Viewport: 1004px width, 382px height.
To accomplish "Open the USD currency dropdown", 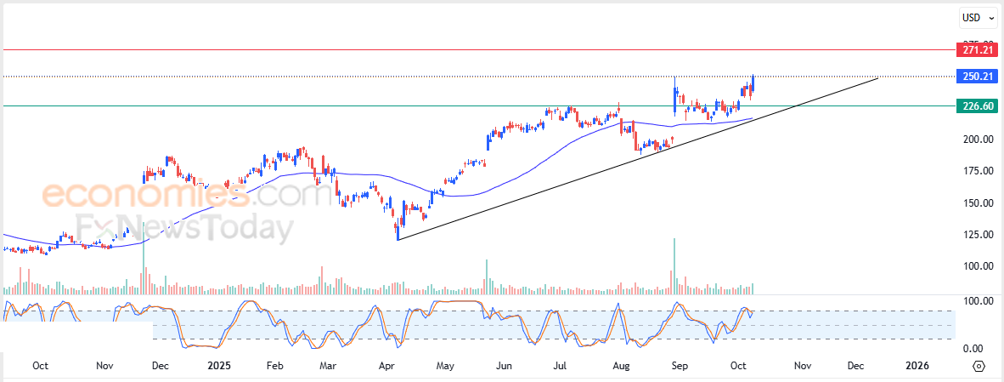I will click(976, 17).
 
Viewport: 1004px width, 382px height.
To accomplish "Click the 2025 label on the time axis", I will click(218, 366).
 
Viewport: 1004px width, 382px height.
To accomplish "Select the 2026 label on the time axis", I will click(917, 366).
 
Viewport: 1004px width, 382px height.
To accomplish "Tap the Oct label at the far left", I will click(40, 366).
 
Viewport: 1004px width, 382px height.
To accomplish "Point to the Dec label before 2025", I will click(160, 366).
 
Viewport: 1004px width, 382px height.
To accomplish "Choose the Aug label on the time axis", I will click(621, 366).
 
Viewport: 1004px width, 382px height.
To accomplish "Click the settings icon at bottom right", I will click(979, 366).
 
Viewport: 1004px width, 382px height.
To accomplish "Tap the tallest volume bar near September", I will click(674, 266).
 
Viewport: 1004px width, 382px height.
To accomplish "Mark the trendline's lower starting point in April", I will click(398, 240).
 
